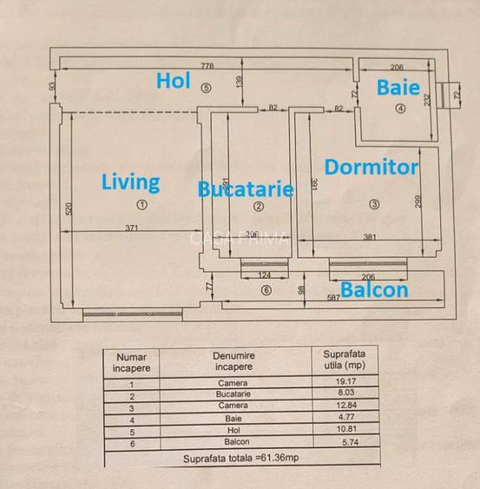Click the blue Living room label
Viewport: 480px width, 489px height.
(x=130, y=182)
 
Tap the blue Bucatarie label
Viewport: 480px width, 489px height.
(x=245, y=189)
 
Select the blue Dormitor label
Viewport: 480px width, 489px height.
(x=372, y=167)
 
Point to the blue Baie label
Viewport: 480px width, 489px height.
(x=398, y=88)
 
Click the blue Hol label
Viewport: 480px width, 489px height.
(x=173, y=81)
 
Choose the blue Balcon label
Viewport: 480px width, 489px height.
(x=374, y=289)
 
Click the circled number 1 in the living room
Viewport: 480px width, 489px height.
(x=142, y=205)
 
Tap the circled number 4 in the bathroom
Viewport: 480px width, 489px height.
(x=400, y=109)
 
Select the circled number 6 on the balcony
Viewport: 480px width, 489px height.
(x=266, y=290)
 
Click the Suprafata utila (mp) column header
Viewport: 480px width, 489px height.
(x=345, y=360)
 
